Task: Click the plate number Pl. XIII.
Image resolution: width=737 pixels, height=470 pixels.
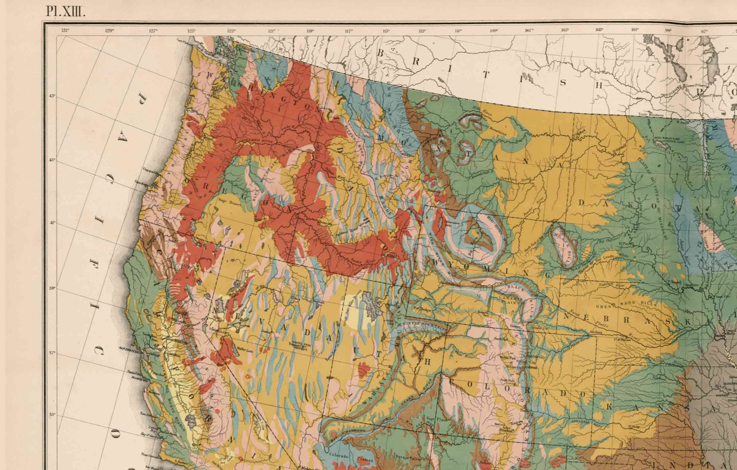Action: click(65, 12)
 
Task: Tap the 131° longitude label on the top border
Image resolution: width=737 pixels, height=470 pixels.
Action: click(65, 30)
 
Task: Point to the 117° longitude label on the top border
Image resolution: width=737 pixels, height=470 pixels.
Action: click(348, 31)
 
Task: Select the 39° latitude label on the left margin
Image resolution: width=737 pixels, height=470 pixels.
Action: click(52, 288)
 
